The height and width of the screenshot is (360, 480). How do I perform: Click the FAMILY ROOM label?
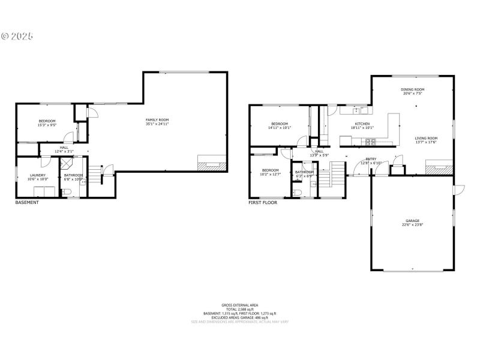[x=157, y=120]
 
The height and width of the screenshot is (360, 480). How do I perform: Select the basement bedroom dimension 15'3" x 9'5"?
[x=47, y=125]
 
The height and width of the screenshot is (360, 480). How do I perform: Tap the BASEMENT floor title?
[x=27, y=203]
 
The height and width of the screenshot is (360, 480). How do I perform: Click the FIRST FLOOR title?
[x=263, y=203]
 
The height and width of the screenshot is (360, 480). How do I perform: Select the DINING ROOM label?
[x=413, y=89]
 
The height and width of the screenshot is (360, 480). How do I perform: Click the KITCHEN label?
[x=362, y=124]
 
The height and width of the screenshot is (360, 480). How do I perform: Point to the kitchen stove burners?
[x=370, y=142]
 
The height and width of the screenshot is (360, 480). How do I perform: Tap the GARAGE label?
[x=412, y=220]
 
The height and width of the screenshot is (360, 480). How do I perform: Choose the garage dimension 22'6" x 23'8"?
[x=412, y=225]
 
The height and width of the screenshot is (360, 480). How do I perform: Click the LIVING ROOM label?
[x=427, y=138]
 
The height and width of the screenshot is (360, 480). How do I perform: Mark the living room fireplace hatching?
[x=439, y=169]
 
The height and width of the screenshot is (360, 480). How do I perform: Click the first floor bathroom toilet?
[x=297, y=192]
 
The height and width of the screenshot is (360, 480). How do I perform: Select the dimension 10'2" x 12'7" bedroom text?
[x=270, y=175]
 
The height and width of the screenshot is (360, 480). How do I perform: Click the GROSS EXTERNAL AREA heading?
[x=239, y=305]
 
